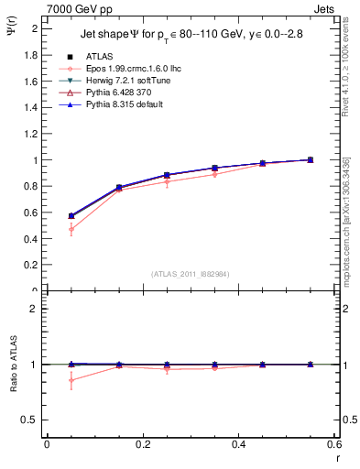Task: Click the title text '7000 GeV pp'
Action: click(71, 8)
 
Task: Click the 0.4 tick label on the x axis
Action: click(238, 445)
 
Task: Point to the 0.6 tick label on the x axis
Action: click(333, 445)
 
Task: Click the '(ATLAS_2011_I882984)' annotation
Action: click(191, 274)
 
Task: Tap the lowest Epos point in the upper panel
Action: click(71, 230)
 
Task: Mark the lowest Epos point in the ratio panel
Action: click(71, 380)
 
